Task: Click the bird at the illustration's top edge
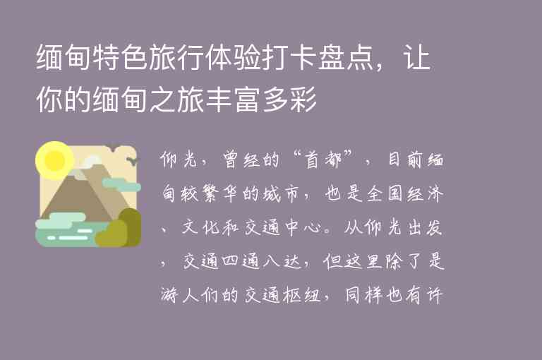click(x=112, y=147)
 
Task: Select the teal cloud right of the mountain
click(x=121, y=185)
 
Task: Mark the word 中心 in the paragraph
click(x=323, y=227)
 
